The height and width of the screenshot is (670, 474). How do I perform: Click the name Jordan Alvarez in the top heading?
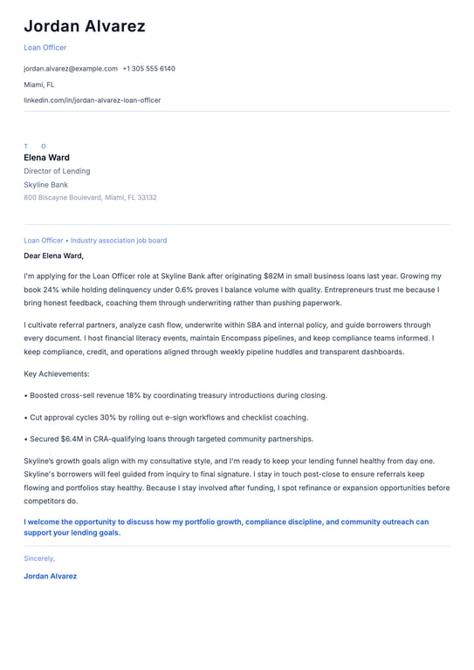(85, 26)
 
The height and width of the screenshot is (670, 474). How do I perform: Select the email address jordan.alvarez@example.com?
(71, 68)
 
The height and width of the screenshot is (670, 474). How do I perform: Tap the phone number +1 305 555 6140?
(148, 68)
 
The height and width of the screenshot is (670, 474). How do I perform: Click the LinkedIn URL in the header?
(92, 100)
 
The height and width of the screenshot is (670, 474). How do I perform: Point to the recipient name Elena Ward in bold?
(46, 158)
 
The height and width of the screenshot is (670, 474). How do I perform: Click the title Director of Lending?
(57, 171)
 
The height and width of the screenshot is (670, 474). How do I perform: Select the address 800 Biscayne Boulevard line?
(90, 197)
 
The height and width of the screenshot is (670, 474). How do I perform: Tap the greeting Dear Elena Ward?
(53, 256)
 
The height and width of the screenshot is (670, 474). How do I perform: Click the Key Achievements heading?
(57, 373)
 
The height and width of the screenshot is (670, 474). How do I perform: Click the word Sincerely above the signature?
(39, 558)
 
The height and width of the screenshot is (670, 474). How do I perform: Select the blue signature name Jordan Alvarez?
(50, 576)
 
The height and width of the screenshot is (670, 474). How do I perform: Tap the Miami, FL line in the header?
(38, 85)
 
